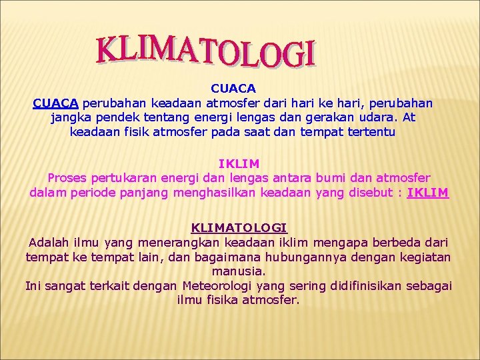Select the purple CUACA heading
tap(233, 88)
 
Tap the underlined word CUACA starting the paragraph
tap(56, 103)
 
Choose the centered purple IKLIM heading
tap(239, 163)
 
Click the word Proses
tap(67, 178)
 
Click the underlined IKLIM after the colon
tap(428, 193)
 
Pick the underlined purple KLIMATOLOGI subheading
tap(239, 227)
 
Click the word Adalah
tap(48, 242)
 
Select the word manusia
tap(238, 271)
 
